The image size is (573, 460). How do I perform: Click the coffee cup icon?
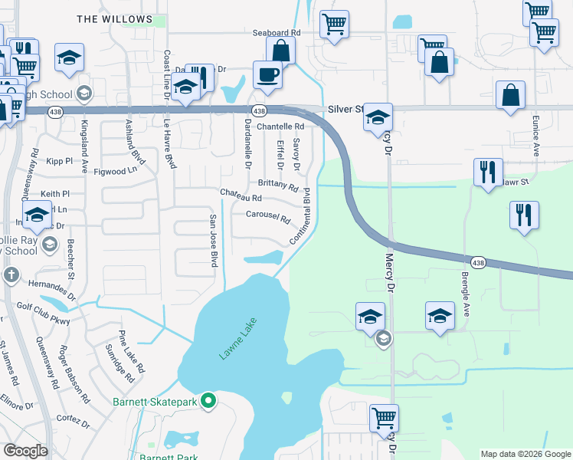click(x=267, y=75)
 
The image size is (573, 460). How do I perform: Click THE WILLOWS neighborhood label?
click(x=114, y=18)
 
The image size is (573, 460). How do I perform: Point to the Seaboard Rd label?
click(x=277, y=33)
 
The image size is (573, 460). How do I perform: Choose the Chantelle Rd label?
click(x=280, y=127)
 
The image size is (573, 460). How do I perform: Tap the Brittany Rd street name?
click(x=278, y=186)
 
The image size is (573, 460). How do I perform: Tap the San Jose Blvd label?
click(x=215, y=241)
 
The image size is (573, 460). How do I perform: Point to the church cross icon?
click(x=11, y=274)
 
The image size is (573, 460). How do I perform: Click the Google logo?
click(x=25, y=451)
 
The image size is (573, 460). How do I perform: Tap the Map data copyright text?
click(x=526, y=454)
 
